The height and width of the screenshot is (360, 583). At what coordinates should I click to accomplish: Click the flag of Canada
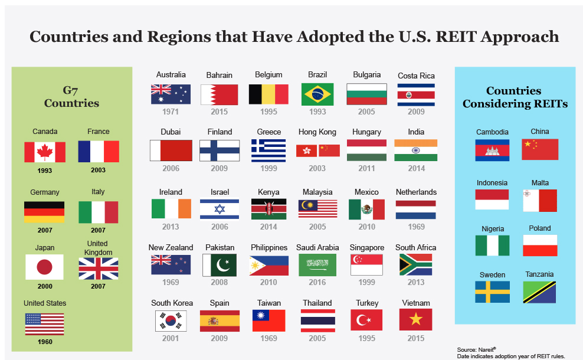(45, 152)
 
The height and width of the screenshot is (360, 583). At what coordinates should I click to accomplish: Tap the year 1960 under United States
(45, 342)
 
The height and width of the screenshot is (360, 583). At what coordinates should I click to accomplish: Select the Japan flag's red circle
(45, 267)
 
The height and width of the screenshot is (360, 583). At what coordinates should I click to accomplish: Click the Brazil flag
(317, 94)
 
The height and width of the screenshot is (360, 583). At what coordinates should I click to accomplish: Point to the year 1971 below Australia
(171, 112)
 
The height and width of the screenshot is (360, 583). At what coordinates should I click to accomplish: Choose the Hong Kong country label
(317, 132)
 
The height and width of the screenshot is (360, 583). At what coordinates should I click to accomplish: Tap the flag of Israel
(220, 210)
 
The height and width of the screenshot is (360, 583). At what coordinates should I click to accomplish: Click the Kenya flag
(269, 209)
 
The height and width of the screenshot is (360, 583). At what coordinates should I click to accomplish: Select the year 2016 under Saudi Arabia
(317, 282)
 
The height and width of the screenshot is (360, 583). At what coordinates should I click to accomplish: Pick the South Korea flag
(171, 320)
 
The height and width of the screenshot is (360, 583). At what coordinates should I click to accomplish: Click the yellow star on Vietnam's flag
(415, 319)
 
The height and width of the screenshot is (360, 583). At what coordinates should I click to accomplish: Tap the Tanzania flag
(539, 292)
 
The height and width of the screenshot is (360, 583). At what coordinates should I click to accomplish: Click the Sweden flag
(492, 292)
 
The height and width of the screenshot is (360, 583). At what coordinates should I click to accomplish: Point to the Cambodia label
(492, 132)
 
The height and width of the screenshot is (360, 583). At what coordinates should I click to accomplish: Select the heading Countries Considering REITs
(515, 97)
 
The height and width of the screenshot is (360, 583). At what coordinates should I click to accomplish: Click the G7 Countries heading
(71, 97)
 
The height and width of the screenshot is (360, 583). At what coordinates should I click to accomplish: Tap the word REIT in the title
(456, 37)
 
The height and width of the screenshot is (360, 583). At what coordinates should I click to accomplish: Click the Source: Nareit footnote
(477, 349)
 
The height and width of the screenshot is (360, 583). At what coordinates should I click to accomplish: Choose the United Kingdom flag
(99, 269)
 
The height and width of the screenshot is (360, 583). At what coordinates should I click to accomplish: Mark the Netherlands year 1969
(416, 227)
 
